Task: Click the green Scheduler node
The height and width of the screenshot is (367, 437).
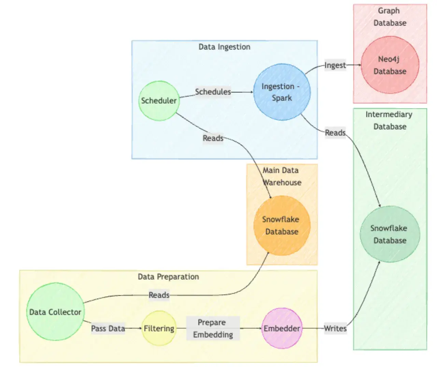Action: tap(159, 101)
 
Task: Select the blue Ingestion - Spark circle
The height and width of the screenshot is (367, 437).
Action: tap(282, 92)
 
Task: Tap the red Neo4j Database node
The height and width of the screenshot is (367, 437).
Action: tap(390, 65)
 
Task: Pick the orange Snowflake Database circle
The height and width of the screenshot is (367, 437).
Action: tap(282, 225)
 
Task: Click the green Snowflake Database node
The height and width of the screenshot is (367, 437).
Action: tap(390, 234)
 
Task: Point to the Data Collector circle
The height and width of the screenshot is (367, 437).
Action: tap(55, 312)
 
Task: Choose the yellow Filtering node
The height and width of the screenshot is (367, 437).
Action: tap(159, 328)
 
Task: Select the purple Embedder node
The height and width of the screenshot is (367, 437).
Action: tap(282, 328)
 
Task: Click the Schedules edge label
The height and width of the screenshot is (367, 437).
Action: tap(213, 92)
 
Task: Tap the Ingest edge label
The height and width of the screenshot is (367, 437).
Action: tap(335, 65)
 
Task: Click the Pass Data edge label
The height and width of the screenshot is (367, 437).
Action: tap(108, 328)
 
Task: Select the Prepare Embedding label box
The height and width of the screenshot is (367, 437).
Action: tap(213, 328)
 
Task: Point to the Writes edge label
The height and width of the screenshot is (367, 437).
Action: tap(335, 328)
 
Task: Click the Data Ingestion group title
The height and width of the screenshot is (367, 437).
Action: tap(224, 47)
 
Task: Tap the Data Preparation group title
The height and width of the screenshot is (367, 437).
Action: tap(168, 277)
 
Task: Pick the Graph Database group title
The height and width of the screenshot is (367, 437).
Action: tap(390, 17)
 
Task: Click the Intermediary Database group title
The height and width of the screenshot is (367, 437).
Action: tap(390, 120)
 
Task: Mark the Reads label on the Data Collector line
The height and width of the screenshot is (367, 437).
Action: tap(159, 295)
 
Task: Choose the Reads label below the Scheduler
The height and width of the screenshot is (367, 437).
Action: tap(213, 138)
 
